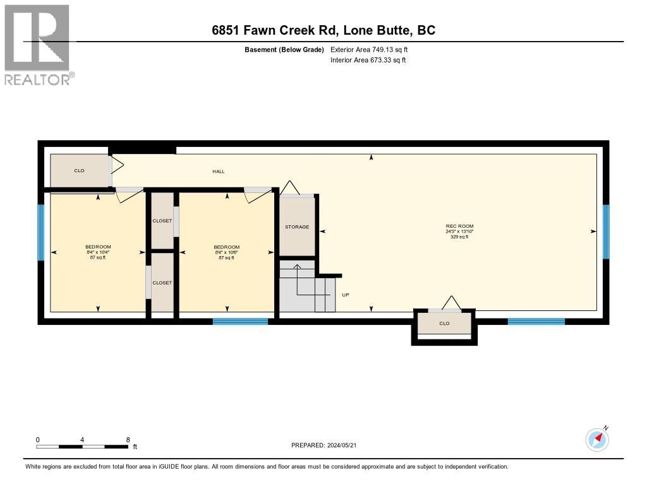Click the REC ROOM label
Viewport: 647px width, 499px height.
pos(459,226)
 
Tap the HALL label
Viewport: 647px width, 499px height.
pos(218,172)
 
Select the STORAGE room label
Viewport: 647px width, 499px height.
pos(297,226)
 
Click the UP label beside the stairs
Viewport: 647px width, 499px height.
pos(345,295)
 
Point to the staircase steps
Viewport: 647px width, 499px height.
pos(308,293)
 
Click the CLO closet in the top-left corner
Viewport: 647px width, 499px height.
pos(79,171)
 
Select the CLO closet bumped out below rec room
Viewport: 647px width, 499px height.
pos(444,324)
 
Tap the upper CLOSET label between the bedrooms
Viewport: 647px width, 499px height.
pos(162,221)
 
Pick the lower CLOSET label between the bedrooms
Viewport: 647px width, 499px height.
pos(162,283)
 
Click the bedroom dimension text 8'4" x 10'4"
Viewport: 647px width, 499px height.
pos(98,252)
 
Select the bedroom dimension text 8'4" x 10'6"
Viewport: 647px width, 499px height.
pos(226,252)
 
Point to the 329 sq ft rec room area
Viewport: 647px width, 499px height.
pos(459,237)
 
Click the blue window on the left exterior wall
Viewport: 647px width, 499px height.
pos(41,232)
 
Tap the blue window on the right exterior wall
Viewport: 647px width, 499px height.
pos(605,232)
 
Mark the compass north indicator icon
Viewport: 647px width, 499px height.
pos(597,439)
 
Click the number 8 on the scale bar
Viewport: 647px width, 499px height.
pos(128,440)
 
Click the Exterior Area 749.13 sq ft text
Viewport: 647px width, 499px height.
pos(373,49)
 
